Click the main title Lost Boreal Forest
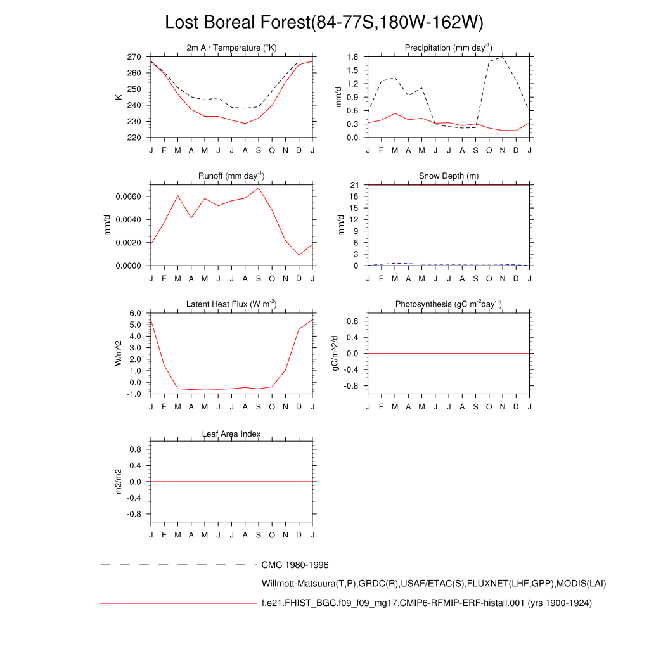(x=324, y=23)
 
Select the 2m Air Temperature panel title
(x=231, y=48)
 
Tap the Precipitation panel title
(x=449, y=48)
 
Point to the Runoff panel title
(x=231, y=176)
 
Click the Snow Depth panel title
(x=449, y=176)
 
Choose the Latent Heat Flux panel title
(x=231, y=305)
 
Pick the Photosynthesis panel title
(x=449, y=305)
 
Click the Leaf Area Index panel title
(x=231, y=434)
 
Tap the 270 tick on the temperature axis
(x=134, y=57)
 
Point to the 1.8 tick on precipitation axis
(x=353, y=57)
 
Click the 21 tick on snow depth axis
(x=355, y=185)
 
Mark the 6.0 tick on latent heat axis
(x=136, y=314)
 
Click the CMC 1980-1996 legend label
(x=295, y=565)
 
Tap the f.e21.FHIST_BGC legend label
(x=426, y=603)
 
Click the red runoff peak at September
(x=259, y=188)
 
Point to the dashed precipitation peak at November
(x=503, y=57)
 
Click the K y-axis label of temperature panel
(x=119, y=97)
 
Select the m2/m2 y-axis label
(x=119, y=482)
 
